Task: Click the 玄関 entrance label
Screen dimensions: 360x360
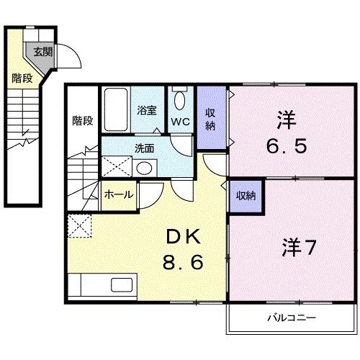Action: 42,51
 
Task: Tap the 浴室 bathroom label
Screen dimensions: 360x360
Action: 147,111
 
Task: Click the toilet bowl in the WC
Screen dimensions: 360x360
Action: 181,99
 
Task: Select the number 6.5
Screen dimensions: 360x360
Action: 289,145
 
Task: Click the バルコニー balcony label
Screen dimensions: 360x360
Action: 292,317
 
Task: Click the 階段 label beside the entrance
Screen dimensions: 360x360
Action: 22,78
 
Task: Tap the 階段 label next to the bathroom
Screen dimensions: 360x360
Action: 83,120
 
